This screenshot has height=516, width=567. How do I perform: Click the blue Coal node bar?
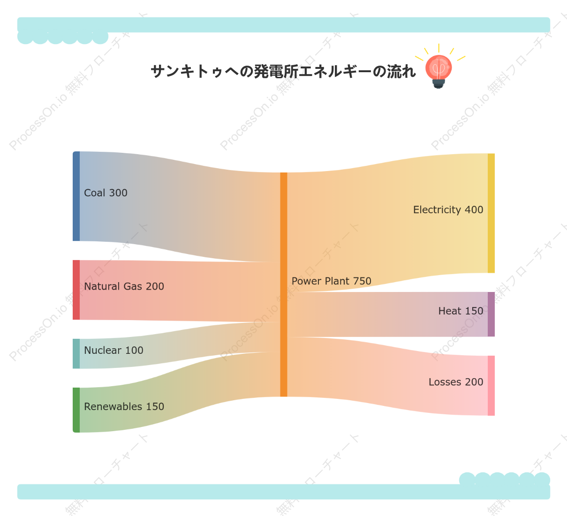coord(76,196)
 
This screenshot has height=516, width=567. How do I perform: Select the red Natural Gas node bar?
coord(76,290)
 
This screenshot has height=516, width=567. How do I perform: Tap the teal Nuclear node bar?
coord(76,353)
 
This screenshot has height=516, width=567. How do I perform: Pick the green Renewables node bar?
coord(76,410)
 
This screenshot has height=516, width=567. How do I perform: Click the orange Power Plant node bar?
coord(283,284)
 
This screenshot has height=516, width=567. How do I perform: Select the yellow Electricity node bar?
coord(491,213)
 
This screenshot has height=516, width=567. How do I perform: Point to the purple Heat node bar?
coord(491,314)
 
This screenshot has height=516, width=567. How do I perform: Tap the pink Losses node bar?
coord(491,385)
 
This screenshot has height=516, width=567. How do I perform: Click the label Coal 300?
coord(106,193)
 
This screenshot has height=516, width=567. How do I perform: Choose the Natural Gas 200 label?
coord(124,286)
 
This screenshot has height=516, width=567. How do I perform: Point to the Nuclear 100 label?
coord(113,350)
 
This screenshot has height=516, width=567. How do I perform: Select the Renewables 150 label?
coord(124,406)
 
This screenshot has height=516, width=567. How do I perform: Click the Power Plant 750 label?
coord(331,281)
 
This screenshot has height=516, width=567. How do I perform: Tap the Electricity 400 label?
coord(448,209)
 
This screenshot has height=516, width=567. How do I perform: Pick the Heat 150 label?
coord(461,311)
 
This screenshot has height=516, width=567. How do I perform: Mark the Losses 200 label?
coord(456,382)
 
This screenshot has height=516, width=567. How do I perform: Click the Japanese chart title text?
coord(283,71)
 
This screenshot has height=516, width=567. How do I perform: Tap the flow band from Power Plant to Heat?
coord(387,314)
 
